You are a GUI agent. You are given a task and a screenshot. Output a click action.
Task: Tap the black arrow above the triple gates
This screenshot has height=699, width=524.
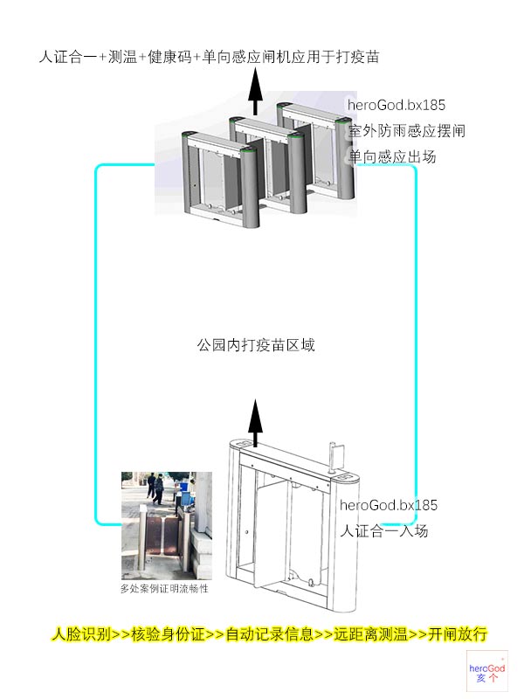[256, 91]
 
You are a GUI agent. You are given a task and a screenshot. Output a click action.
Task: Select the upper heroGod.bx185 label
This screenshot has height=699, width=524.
[396, 106]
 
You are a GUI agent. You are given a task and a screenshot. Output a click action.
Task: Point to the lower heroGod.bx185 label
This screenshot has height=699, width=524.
[388, 506]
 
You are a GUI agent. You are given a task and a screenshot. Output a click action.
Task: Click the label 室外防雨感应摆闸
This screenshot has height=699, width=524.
[406, 132]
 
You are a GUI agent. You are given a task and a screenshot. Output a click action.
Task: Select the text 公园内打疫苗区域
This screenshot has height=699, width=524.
[255, 345]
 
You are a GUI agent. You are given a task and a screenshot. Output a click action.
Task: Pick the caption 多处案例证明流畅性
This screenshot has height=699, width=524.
[165, 589]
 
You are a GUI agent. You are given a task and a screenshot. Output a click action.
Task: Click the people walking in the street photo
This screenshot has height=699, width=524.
[156, 489]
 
